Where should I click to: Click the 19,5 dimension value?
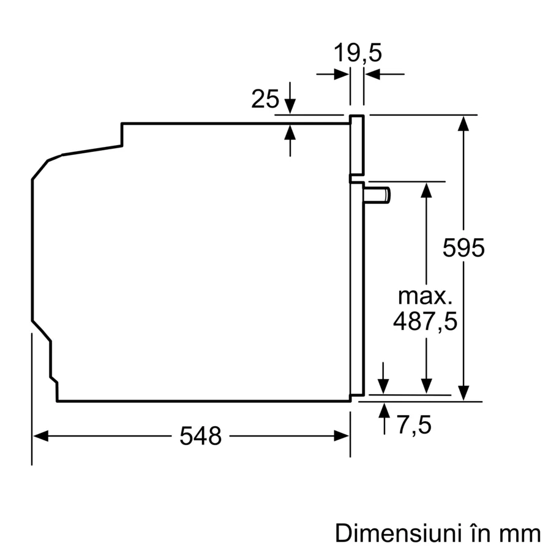pos(358,53)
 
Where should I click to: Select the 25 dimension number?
pos(264,99)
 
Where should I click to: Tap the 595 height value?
pos(463,248)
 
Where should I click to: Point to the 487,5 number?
pos(425,321)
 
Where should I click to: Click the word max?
pos(425,296)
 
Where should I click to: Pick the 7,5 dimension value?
pos(414,425)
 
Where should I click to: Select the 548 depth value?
pos(200,437)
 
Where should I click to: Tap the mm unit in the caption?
pos(521,533)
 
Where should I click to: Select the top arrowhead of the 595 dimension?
pos(463,123)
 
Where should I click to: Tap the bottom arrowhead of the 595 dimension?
pos(463,392)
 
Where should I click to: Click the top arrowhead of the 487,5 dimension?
pos(425,189)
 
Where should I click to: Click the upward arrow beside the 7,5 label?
pos(384,411)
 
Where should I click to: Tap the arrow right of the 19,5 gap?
pos(373,75)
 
